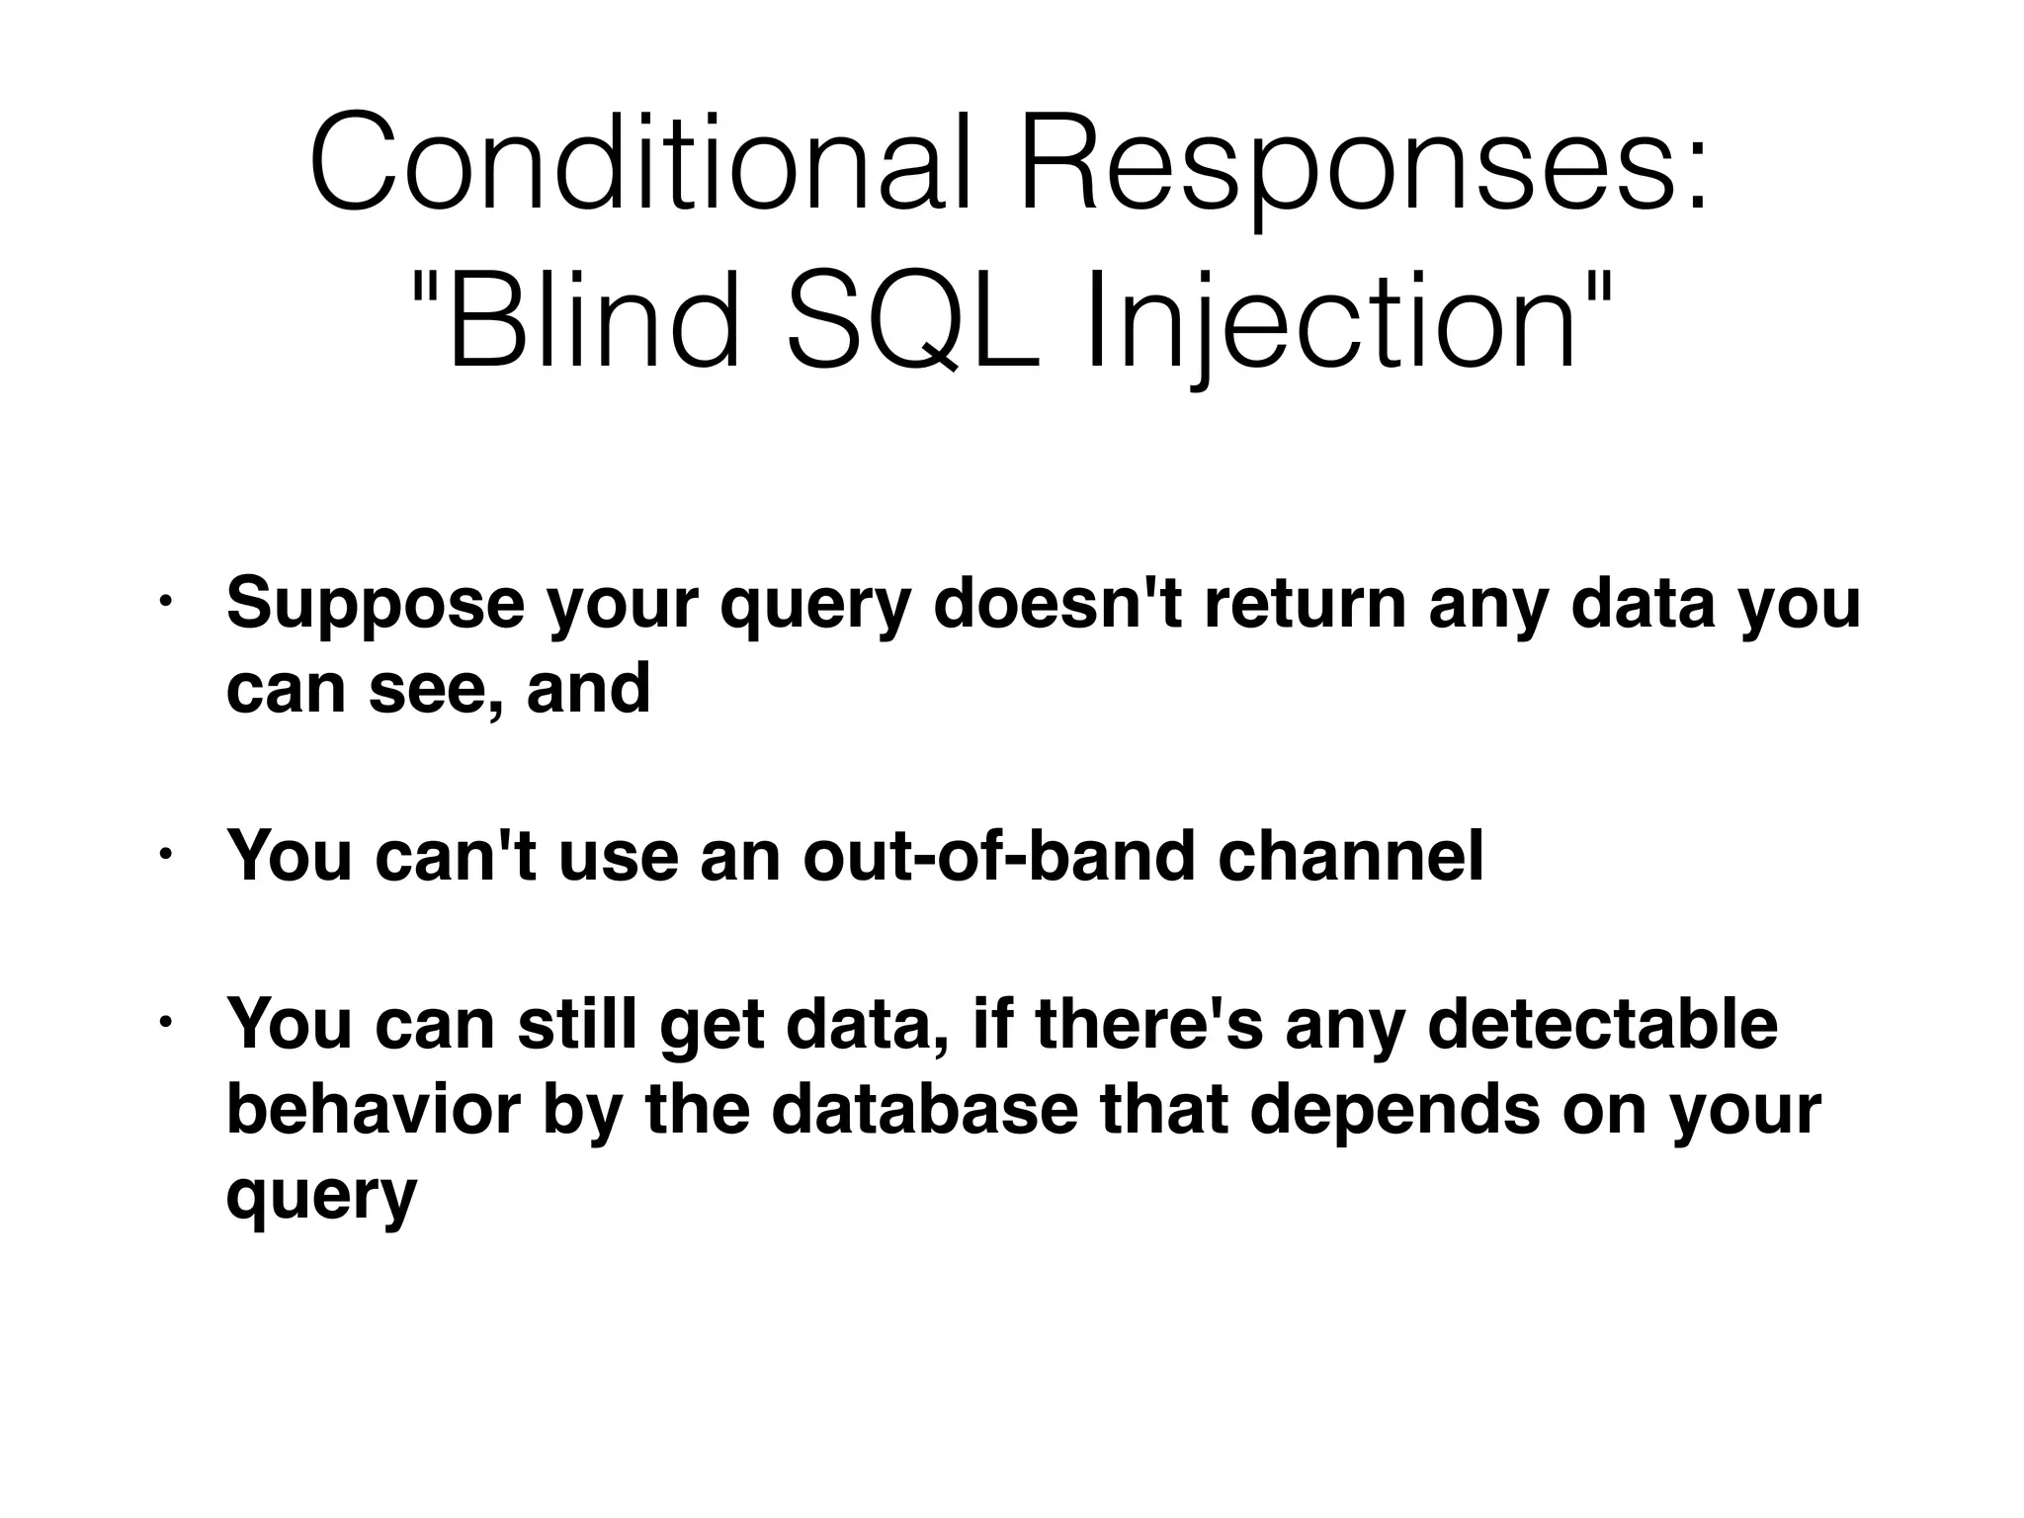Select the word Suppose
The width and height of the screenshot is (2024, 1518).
[x=375, y=605]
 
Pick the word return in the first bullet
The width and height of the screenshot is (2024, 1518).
[x=1305, y=605]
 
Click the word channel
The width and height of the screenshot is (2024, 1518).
[x=1350, y=856]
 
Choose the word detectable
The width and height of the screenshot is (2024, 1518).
[x=1602, y=1025]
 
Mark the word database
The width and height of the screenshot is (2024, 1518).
[x=923, y=1109]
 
